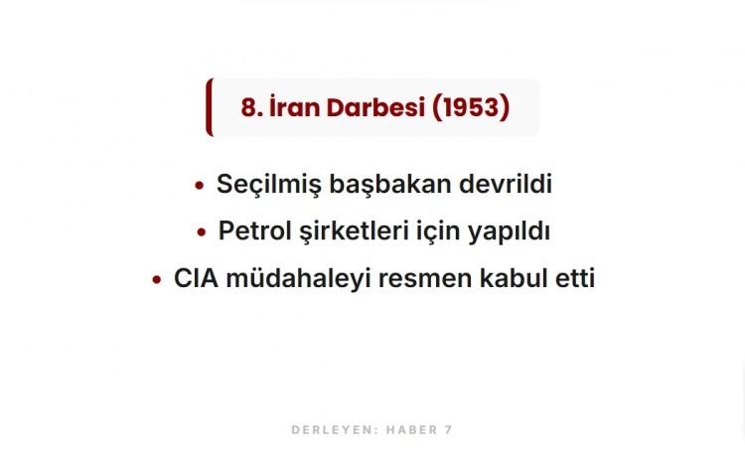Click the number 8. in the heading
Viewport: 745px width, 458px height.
coord(252,107)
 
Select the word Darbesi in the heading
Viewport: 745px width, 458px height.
coord(375,107)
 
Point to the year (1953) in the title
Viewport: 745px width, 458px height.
coord(471,107)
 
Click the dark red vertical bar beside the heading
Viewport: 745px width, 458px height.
coord(210,107)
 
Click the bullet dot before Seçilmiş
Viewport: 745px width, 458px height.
coord(199,186)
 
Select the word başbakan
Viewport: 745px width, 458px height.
coord(390,185)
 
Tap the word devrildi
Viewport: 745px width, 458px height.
coord(506,184)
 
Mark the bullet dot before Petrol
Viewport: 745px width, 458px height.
coord(202,232)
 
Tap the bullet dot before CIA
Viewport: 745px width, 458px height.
coord(157,280)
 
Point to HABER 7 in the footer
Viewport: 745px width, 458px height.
coord(419,430)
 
